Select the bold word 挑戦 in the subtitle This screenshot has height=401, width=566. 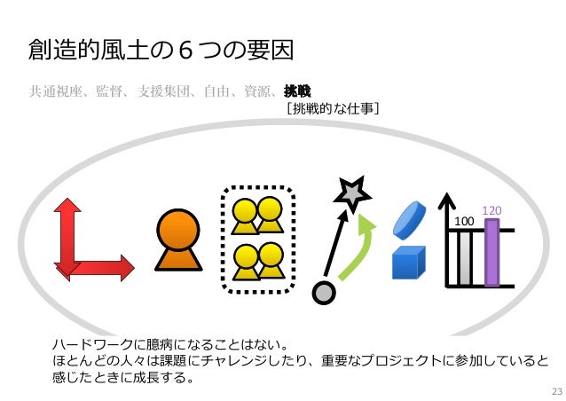[296, 90]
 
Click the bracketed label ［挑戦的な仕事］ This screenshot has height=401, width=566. [333, 109]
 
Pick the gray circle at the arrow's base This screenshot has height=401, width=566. [326, 290]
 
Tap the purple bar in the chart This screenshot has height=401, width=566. [492, 252]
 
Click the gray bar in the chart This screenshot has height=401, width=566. [463, 258]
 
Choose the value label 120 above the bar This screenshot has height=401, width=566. [492, 211]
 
